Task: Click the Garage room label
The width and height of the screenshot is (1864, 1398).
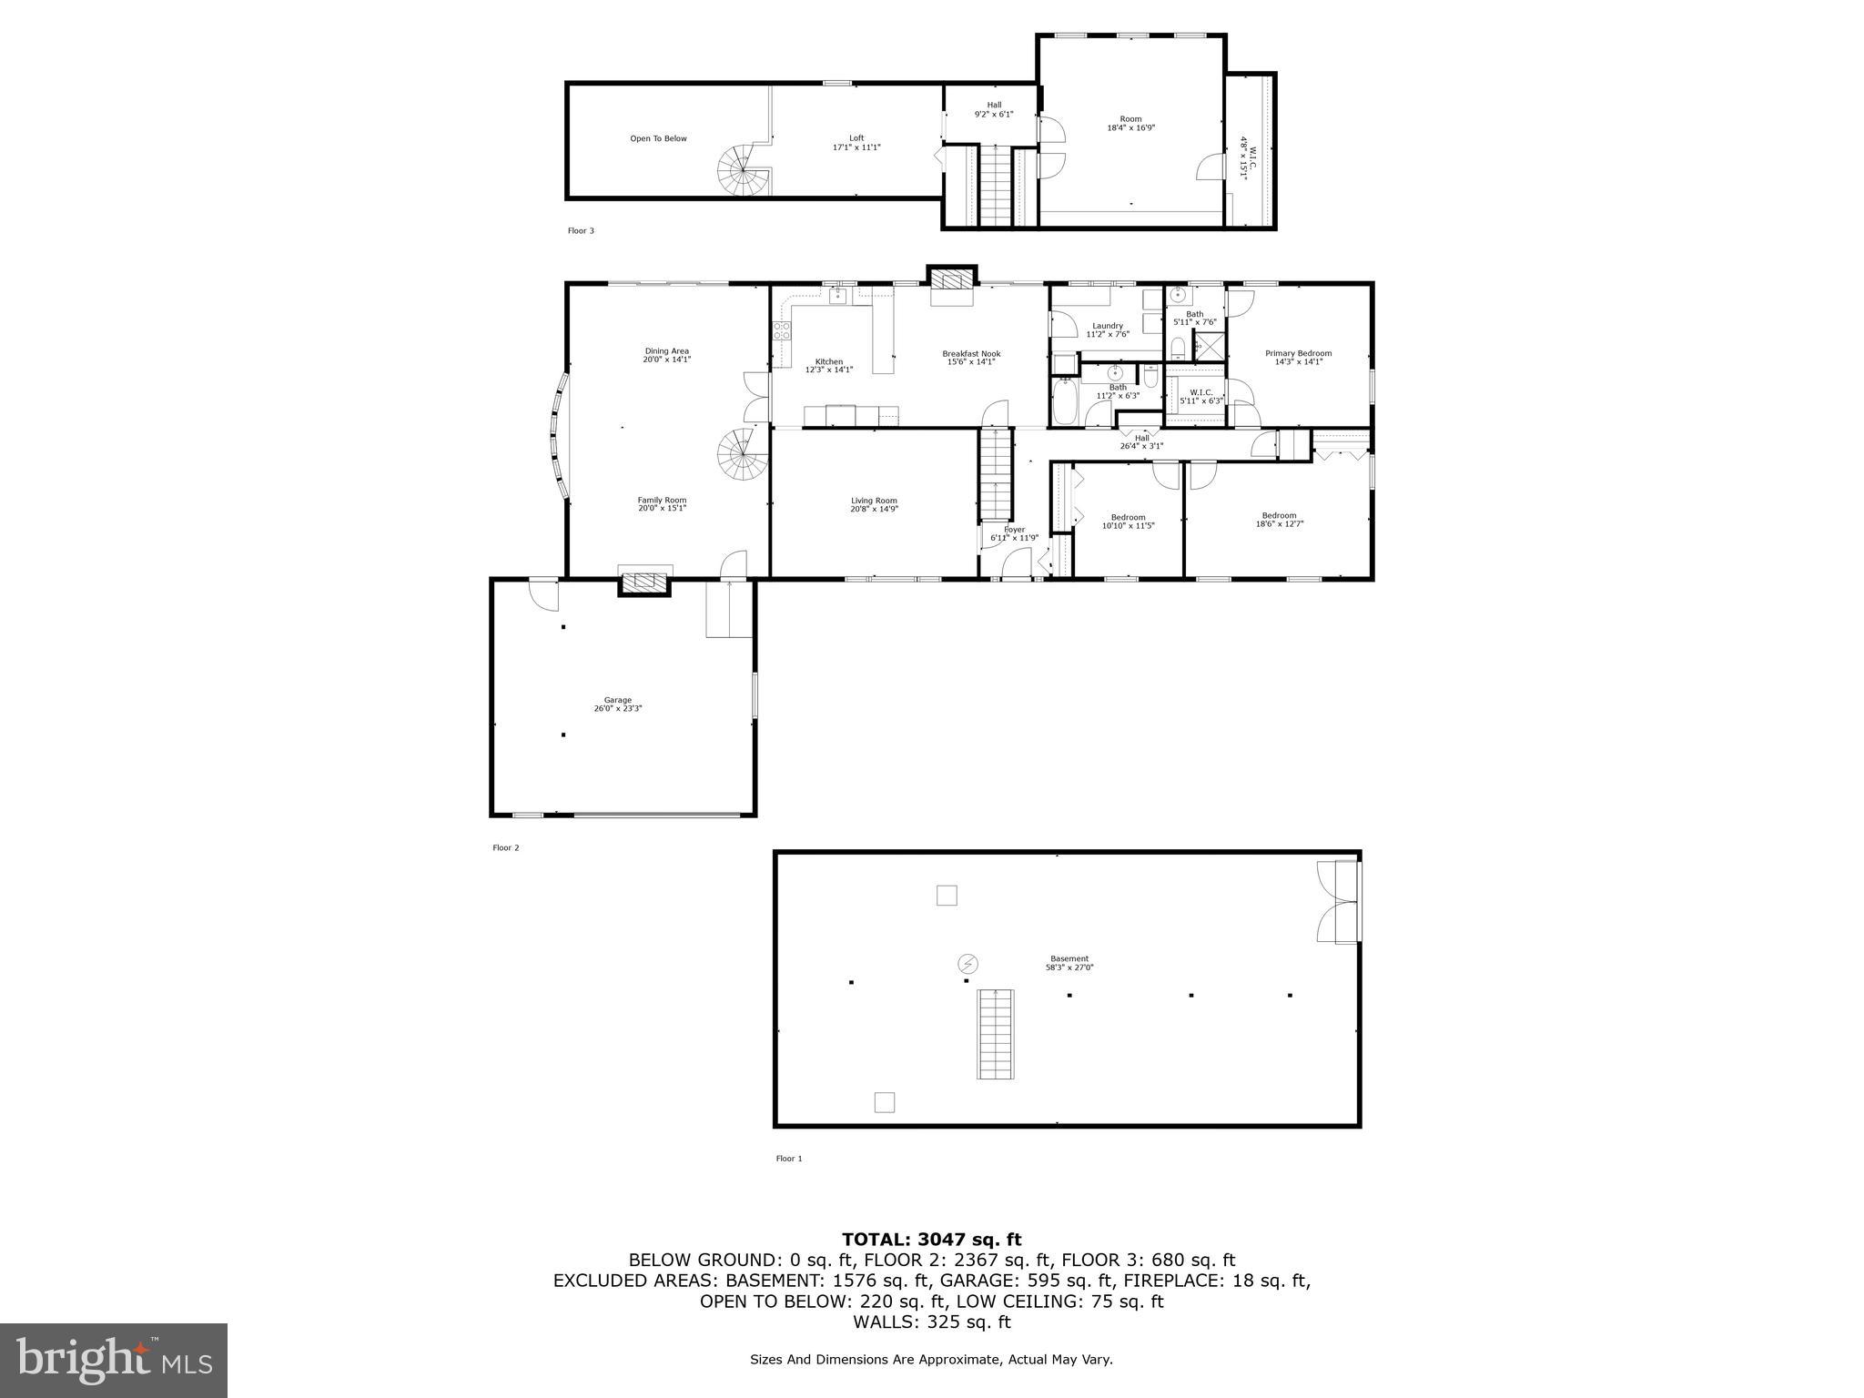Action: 617,700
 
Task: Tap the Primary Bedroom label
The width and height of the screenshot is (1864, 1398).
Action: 1298,353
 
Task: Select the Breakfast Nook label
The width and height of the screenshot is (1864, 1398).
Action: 971,353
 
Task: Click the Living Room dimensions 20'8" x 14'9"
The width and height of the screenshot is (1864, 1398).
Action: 874,509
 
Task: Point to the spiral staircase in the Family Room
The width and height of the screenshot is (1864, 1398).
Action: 741,456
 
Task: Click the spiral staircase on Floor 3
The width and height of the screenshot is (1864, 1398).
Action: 743,175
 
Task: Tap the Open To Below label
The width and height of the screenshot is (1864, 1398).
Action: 658,138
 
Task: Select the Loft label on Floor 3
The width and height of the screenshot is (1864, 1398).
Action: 856,138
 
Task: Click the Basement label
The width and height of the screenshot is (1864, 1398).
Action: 1069,958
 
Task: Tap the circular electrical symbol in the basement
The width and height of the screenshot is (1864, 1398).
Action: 967,964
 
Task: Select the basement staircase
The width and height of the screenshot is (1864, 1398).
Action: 996,1035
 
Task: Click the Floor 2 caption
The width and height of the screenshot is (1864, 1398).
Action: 505,847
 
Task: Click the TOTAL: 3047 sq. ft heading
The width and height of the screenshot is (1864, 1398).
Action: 931,1239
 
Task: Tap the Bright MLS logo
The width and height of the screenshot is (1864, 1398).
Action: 114,1359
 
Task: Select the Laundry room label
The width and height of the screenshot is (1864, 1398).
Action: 1107,326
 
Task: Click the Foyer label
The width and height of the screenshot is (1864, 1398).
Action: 1014,530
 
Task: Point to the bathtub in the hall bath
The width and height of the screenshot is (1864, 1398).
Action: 1064,403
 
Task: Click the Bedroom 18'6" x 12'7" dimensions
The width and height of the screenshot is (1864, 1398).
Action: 1279,523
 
